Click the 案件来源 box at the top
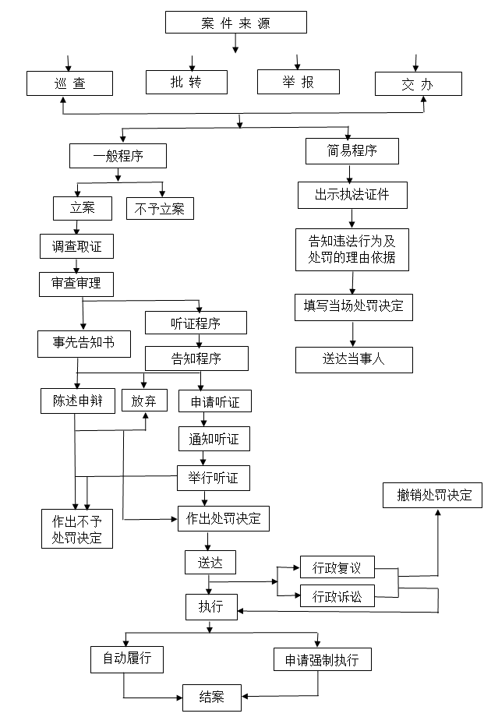[x=236, y=22]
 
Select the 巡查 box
[x=69, y=83]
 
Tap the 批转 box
[x=186, y=82]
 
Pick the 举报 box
[x=299, y=82]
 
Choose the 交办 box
[x=419, y=84]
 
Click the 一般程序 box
[x=118, y=156]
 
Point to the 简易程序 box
[x=352, y=151]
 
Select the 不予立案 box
[x=161, y=209]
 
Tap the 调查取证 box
[x=76, y=246]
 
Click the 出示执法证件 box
[x=353, y=196]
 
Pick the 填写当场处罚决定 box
[x=354, y=308]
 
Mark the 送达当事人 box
[x=354, y=360]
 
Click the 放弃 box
[x=144, y=401]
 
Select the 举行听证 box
[x=214, y=478]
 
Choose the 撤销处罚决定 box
[x=433, y=496]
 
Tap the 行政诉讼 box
[x=337, y=596]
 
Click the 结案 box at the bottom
[x=212, y=698]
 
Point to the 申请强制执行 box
[x=323, y=659]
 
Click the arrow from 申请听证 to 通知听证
[x=203, y=419]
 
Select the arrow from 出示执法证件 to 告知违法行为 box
[x=352, y=218]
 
